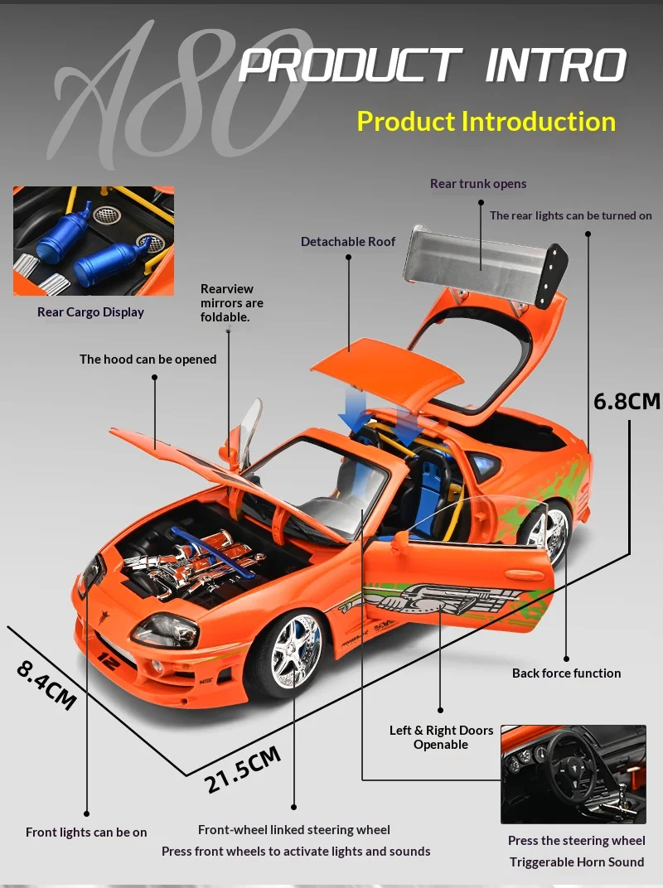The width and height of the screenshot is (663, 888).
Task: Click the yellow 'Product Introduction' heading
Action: [486, 122]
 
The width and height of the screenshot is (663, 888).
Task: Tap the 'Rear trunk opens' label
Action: [477, 184]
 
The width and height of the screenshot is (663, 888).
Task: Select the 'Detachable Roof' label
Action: [348, 242]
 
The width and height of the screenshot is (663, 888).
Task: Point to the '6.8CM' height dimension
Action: [627, 401]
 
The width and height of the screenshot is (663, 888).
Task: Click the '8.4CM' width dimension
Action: [46, 684]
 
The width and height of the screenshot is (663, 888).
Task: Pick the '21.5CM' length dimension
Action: [243, 769]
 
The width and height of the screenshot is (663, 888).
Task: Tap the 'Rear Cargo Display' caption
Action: [90, 312]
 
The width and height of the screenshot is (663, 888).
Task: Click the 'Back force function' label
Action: [566, 673]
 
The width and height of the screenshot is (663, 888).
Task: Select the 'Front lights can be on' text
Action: [86, 832]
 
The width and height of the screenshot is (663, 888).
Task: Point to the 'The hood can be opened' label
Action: [148, 360]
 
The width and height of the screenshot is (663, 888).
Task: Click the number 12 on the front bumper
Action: [107, 660]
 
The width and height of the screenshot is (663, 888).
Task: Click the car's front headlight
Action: [165, 630]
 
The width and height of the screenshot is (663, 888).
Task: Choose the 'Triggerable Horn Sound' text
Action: [577, 862]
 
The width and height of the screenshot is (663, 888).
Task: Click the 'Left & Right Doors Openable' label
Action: [441, 737]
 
